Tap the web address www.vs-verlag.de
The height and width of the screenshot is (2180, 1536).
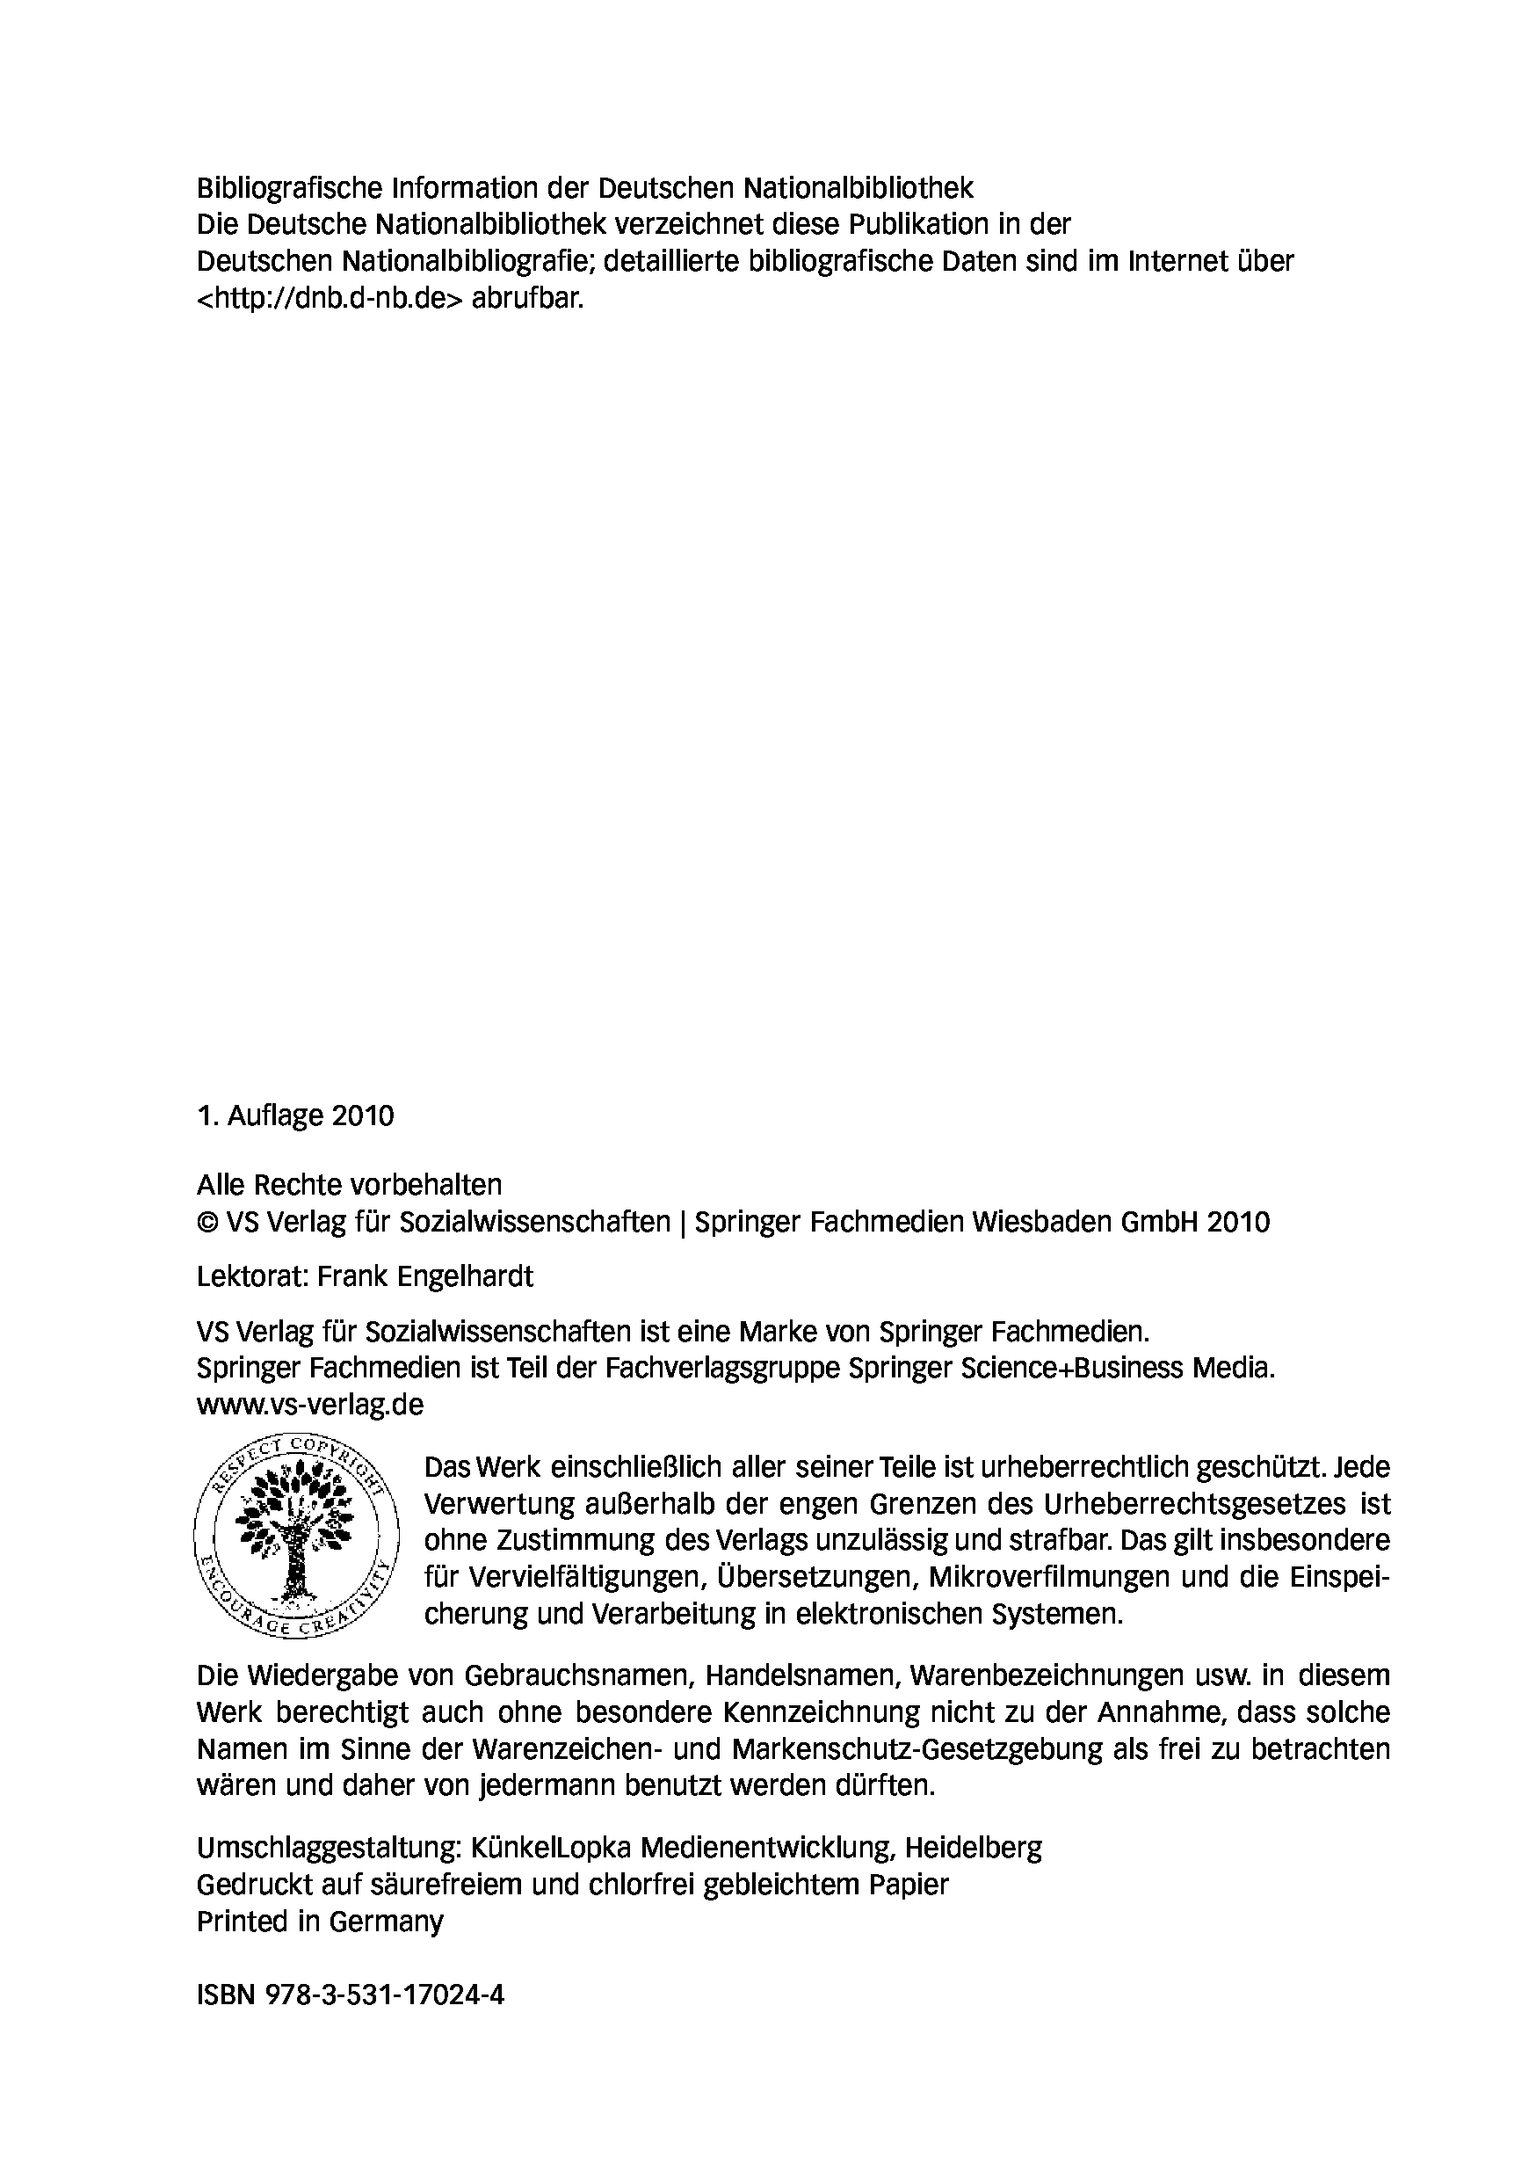[x=309, y=1405]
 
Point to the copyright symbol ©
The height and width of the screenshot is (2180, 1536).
[x=207, y=1222]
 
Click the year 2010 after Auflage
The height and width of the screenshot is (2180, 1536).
[x=363, y=1115]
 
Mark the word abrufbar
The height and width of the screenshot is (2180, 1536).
[x=527, y=298]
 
